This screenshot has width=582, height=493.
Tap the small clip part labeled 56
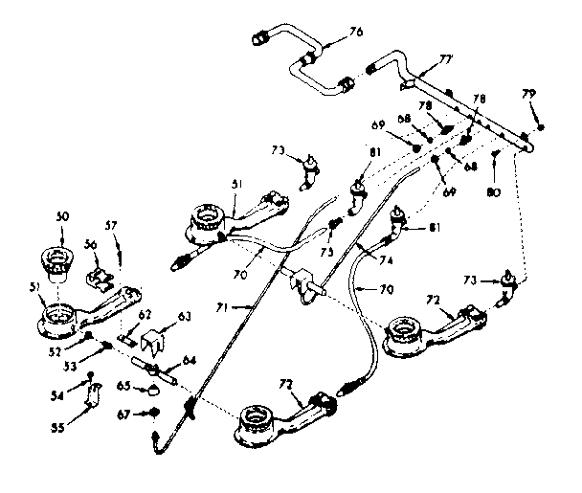click(101, 279)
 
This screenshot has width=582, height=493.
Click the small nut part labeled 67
click(152, 413)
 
